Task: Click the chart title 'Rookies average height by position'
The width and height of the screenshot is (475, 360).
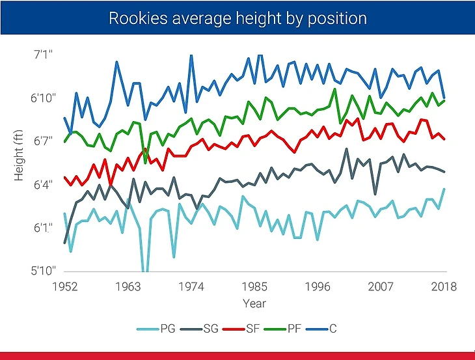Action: (x=237, y=18)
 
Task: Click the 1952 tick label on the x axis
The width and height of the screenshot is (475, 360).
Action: (x=65, y=286)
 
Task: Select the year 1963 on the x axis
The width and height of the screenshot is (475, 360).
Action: (x=128, y=286)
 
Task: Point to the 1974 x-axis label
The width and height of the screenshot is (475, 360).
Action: (x=191, y=286)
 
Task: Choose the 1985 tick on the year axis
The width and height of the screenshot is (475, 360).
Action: (x=254, y=286)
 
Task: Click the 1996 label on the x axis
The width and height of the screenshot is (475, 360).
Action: (x=318, y=286)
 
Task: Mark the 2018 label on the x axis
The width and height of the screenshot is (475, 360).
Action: (x=444, y=286)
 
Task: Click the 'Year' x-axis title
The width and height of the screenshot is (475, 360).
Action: (x=254, y=303)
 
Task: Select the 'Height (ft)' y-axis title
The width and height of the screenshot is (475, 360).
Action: (x=20, y=160)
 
